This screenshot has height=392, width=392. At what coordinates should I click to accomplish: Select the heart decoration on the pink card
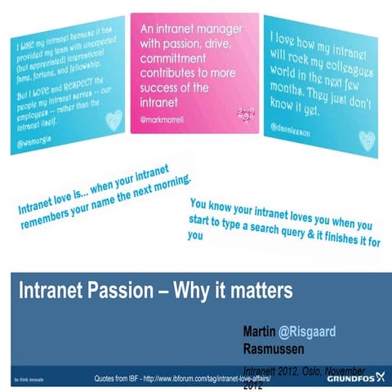242,114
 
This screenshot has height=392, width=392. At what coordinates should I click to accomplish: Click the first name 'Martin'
259,332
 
